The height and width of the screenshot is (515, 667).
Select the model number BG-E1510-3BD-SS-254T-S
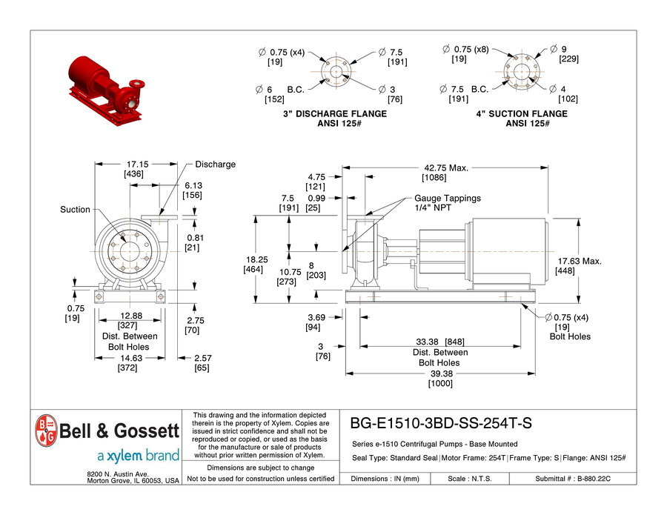tap(440, 424)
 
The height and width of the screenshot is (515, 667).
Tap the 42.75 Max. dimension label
tap(446, 167)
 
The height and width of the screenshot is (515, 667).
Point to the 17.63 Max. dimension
tap(580, 261)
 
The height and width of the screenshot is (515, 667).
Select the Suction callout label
tap(75, 210)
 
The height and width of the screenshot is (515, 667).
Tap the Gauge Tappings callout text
tap(447, 199)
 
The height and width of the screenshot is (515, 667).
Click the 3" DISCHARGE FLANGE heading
tap(335, 114)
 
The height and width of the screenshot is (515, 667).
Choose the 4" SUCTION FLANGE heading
tap(522, 114)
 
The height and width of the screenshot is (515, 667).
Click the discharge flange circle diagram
tap(336, 72)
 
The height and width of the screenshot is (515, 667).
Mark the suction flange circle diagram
tap(522, 72)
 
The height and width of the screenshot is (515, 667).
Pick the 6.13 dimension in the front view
tap(193, 186)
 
